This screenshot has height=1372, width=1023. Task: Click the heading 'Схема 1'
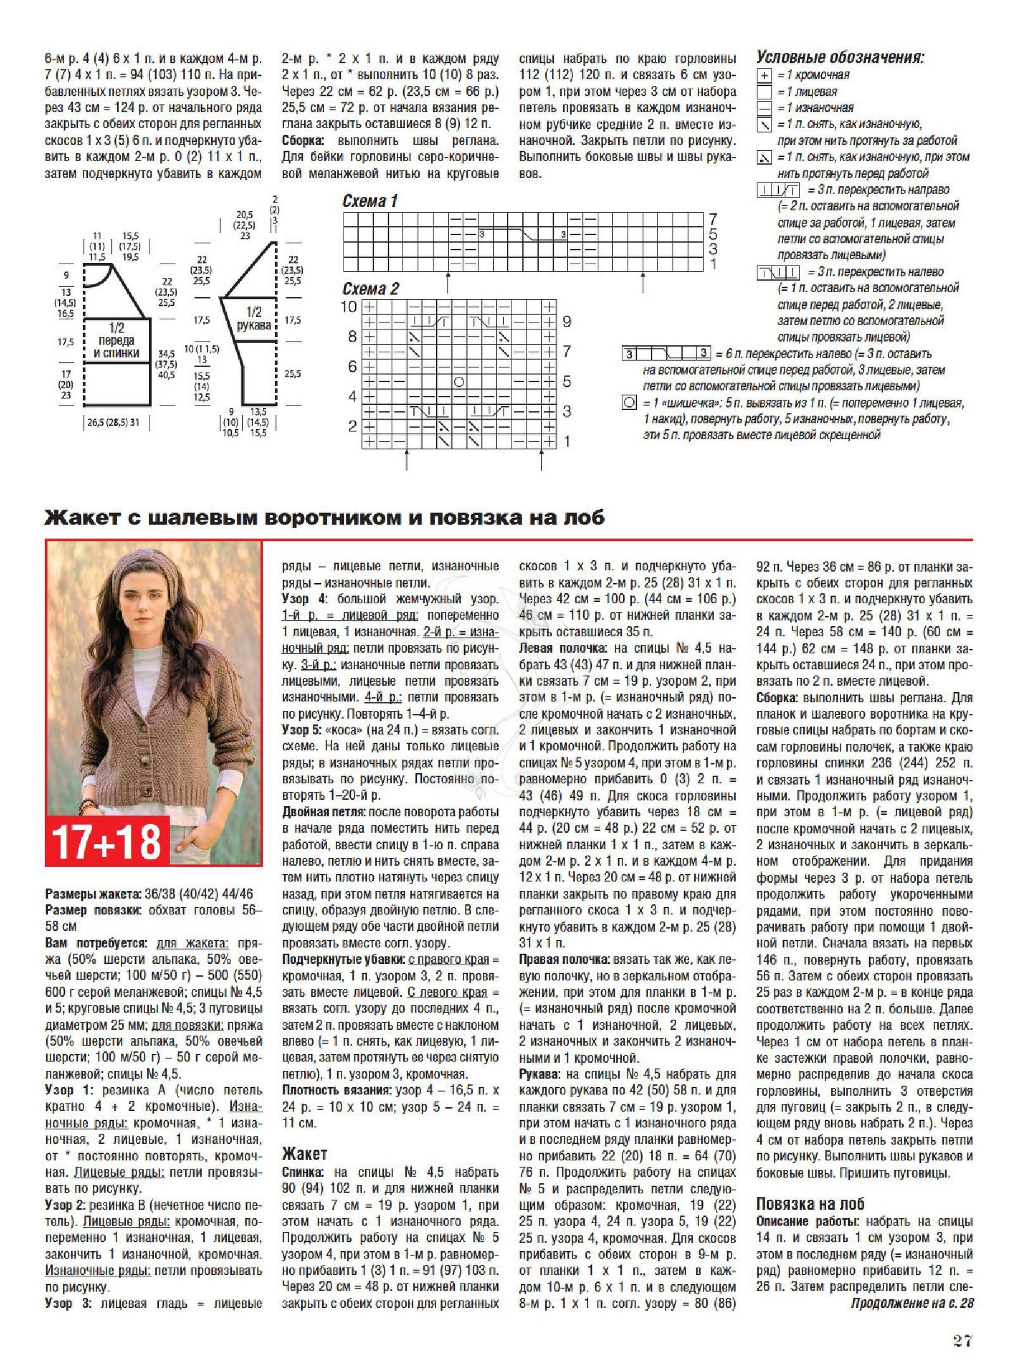[370, 201]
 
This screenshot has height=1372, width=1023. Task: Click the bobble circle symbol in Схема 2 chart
[459, 382]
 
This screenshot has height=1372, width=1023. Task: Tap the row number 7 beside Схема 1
[713, 219]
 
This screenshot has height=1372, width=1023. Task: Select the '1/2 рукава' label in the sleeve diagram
[254, 318]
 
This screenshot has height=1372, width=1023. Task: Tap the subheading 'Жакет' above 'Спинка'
[304, 1154]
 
